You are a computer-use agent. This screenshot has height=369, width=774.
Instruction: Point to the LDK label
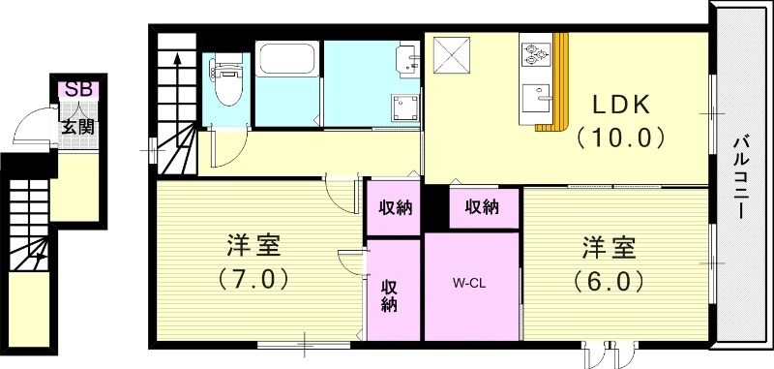point(621,103)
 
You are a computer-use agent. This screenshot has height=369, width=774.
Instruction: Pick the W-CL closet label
point(470,284)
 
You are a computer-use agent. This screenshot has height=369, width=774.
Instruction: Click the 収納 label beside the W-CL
point(391,294)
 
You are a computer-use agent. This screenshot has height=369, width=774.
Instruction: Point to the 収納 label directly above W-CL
point(481,206)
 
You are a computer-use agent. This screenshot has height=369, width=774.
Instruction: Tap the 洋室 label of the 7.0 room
point(256,245)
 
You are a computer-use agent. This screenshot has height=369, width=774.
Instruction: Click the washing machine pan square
point(404,107)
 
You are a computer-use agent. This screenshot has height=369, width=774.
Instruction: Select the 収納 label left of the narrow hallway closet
point(393,206)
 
